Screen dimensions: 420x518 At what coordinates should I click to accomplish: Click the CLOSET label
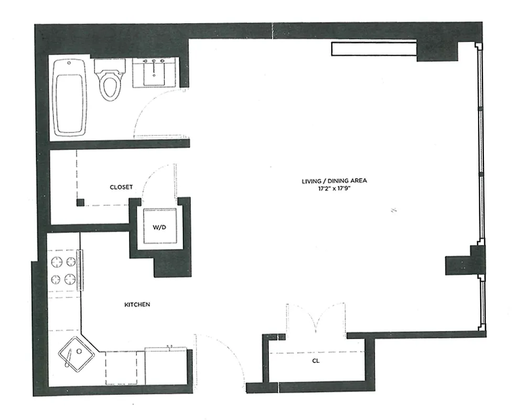[121, 187]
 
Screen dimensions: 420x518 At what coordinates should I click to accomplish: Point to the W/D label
[159, 227]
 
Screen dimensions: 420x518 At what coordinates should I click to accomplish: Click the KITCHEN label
[137, 304]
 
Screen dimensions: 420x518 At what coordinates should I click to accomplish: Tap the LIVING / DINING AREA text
[333, 181]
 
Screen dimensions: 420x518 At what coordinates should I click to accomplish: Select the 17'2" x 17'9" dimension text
[333, 188]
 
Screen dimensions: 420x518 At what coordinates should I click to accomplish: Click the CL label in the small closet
[316, 361]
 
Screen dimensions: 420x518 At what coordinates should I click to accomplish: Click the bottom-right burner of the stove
[70, 279]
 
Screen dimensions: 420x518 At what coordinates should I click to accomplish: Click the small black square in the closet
[80, 202]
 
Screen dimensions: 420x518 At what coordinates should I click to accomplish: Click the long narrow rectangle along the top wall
[373, 48]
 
